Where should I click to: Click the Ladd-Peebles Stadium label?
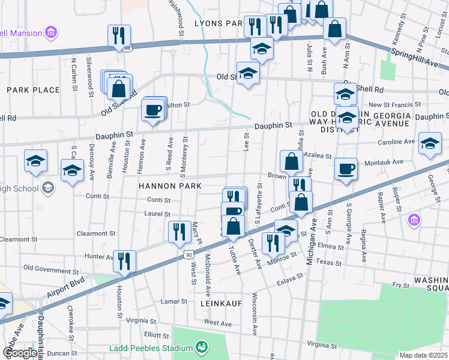(150, 348)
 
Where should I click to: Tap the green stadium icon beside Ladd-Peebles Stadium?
(202, 347)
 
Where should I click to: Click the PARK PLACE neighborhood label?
(33, 90)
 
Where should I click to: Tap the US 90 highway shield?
(188, 254)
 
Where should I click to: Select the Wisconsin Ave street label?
(255, 315)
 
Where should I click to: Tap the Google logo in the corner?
(19, 353)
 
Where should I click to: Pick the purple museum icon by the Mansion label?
(51, 33)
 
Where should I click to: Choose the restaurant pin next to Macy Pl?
(179, 232)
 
